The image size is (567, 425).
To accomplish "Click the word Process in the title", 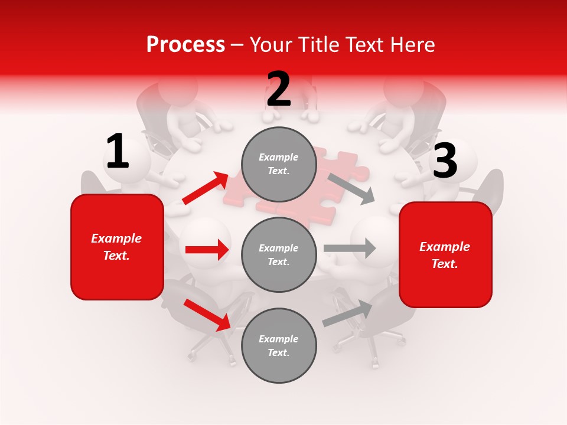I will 185,44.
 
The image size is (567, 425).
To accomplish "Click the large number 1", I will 118,152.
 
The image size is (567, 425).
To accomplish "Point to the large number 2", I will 279,90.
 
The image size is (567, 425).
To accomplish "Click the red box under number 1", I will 117,247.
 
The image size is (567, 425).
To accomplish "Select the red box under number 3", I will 445,255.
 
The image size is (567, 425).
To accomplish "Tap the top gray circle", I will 279,164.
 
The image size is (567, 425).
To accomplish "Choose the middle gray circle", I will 279,254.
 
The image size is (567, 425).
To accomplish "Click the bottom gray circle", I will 279,345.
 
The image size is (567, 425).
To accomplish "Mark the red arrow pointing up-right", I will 206,188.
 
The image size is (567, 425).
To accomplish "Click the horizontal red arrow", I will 207,250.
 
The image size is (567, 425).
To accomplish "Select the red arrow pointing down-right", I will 207,315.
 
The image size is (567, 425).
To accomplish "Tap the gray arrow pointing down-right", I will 351,188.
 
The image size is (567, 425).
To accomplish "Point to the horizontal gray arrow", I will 350,248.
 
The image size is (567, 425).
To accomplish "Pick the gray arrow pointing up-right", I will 348,313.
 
